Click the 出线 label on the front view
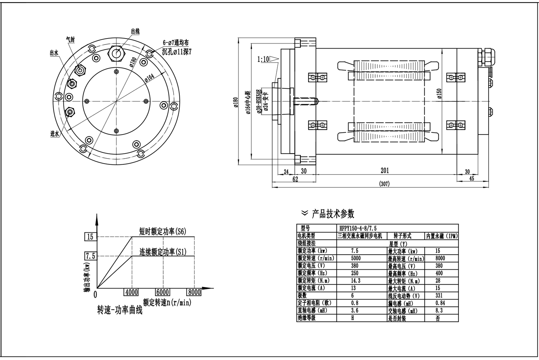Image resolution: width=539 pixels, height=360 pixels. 135,32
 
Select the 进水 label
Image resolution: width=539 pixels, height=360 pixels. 54,134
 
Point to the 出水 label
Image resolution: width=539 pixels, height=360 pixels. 54,53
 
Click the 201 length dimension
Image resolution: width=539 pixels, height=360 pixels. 384,170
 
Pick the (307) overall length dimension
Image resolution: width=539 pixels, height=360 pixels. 384,184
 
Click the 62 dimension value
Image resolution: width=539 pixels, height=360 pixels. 295,179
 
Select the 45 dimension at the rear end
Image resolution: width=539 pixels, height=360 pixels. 472,178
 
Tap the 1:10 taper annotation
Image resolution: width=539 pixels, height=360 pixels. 263,59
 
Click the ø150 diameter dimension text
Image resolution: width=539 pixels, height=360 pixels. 439,94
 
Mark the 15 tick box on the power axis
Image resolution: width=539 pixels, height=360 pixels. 90,237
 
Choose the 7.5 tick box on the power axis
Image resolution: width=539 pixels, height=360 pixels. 90,256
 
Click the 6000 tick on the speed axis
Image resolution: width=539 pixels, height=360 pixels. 162,292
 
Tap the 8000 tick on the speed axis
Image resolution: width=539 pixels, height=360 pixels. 194,292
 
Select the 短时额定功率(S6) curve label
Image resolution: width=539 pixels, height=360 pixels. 163,231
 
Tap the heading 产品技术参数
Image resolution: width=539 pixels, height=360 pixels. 333,214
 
